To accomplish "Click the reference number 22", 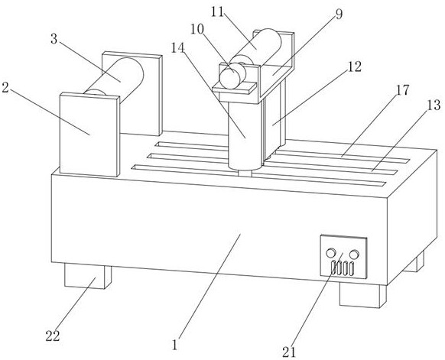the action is tap(53, 336).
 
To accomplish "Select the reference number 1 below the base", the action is tap(175, 345).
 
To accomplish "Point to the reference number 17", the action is tap(402, 90).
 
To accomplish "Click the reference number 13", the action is tap(434, 105).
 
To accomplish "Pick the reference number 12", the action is tap(355, 67).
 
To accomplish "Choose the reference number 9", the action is tap(339, 15).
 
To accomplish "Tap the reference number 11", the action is tap(218, 12).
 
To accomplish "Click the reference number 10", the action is tap(197, 29).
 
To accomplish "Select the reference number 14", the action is tap(178, 48).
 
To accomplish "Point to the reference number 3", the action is tap(54, 39).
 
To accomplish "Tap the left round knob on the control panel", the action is tap(330, 253).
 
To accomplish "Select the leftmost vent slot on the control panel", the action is tap(333, 268).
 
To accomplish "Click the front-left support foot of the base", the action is tap(88, 276).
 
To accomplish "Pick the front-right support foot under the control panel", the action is tap(362, 295).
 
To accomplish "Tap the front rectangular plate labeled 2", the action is tap(89, 135).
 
